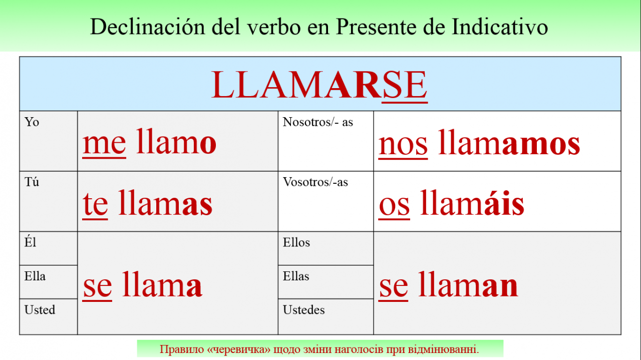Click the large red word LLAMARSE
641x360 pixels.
319,85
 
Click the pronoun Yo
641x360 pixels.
32,122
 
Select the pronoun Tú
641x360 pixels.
32,182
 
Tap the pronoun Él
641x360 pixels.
30,242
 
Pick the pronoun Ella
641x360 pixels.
35,276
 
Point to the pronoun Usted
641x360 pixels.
40,309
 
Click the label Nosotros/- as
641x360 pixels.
317,122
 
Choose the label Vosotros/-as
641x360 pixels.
315,182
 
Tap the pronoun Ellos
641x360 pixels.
296,242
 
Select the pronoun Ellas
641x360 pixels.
296,276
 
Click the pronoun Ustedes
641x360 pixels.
303,309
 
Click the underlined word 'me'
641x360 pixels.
104,144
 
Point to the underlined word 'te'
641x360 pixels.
95,204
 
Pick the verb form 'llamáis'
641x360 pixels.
472,202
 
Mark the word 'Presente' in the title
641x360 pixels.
376,27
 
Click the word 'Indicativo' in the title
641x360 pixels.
500,27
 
